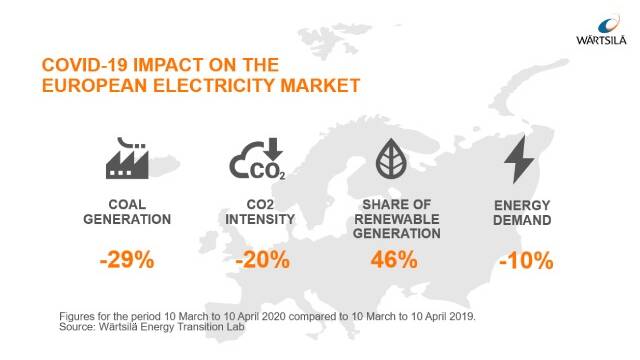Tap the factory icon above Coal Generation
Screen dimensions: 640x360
tap(127, 158)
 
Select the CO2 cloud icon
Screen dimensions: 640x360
tap(258, 159)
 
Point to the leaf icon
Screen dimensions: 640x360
tap(391, 158)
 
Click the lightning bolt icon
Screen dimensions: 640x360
tap(519, 159)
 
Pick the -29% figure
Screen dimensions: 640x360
tap(127, 260)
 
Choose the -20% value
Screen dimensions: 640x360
tap(262, 260)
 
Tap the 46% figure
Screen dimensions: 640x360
tap(394, 260)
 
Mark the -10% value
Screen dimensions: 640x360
tap(526, 260)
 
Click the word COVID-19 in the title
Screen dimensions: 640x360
tap(85, 65)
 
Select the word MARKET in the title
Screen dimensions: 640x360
tap(320, 86)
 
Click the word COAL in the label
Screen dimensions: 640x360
tap(127, 204)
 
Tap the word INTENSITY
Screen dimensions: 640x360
tap(260, 219)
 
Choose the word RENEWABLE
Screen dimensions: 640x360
tap(397, 219)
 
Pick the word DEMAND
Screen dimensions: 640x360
tap(522, 220)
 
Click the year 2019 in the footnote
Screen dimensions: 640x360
tap(465, 316)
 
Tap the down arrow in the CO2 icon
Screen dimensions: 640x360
tap(273, 149)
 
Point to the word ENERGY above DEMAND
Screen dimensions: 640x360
tap(522, 205)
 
